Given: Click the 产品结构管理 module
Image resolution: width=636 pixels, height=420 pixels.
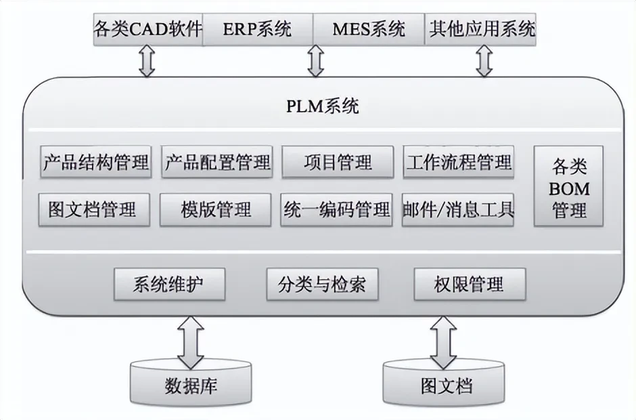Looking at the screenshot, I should [96, 162].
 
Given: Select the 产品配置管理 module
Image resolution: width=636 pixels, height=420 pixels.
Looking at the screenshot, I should [217, 162].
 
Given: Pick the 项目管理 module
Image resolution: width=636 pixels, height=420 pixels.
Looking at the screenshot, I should [338, 162].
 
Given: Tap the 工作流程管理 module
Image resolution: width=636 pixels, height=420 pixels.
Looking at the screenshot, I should [458, 162].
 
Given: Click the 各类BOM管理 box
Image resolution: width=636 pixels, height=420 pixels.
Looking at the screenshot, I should [569, 188].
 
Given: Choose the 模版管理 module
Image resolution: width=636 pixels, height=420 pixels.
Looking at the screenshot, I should [216, 209].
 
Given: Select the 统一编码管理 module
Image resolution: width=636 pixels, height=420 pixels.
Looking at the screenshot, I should [336, 209].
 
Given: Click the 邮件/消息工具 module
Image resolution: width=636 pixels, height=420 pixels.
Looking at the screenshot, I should [457, 209].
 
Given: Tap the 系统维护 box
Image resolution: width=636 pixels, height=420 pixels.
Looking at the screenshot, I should [169, 284].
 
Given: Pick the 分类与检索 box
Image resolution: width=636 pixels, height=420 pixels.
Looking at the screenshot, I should [321, 284].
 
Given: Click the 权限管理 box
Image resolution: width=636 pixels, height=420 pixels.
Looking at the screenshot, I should [469, 284].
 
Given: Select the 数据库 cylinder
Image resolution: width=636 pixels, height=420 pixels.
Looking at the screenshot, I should [191, 385].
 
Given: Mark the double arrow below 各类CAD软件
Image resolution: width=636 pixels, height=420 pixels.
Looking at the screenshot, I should [147, 62].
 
